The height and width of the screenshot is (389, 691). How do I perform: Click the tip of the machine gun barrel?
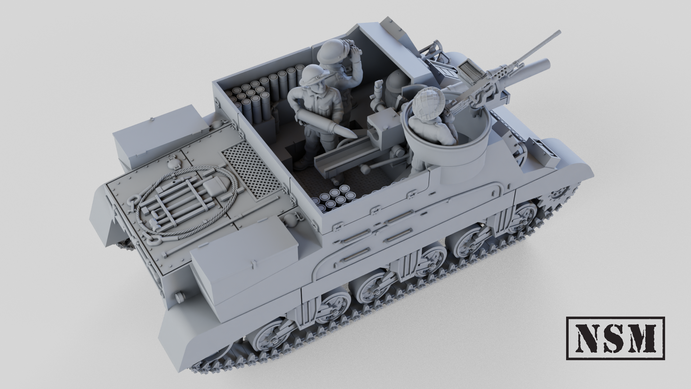(x=559, y=32)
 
